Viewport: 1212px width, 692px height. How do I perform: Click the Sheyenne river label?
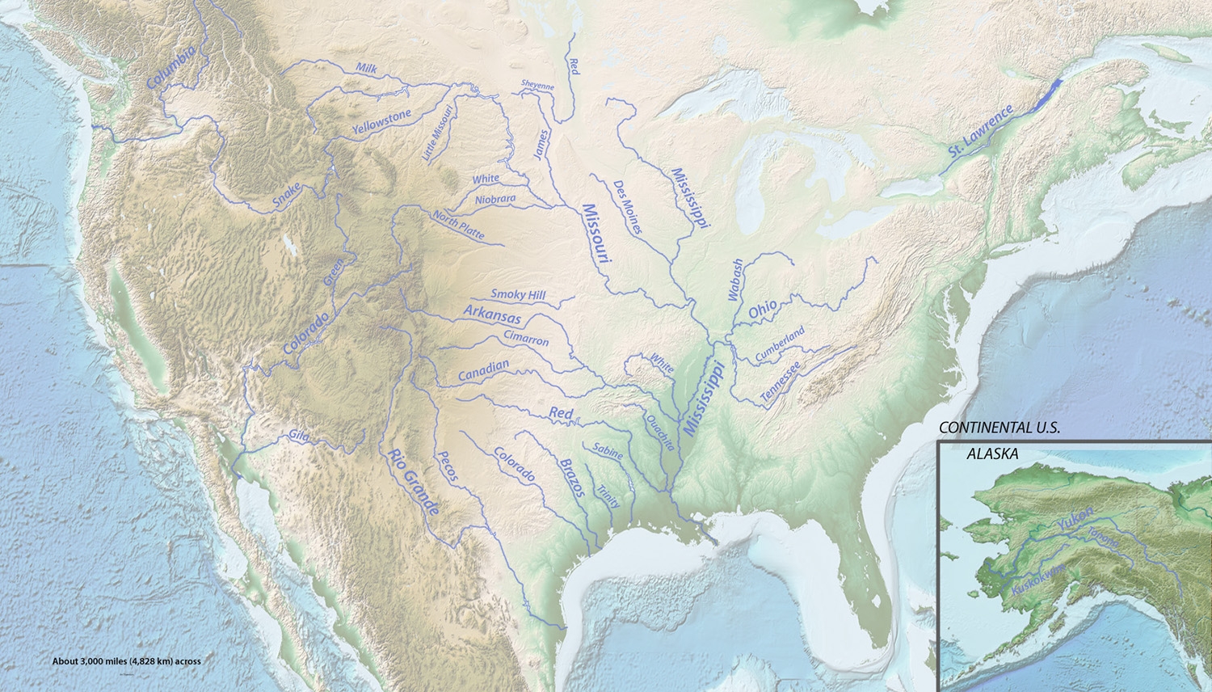tap(537, 86)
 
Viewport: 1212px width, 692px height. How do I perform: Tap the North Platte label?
tap(458, 226)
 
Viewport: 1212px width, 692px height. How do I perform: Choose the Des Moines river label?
tap(628, 208)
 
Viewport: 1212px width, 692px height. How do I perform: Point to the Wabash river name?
tap(734, 281)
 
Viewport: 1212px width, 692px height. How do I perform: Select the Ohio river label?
tap(763, 308)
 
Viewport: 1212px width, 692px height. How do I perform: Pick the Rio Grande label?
tap(412, 483)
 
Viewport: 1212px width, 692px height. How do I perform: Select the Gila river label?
tap(299, 436)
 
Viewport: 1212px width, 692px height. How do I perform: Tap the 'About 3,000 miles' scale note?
tap(126, 660)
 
